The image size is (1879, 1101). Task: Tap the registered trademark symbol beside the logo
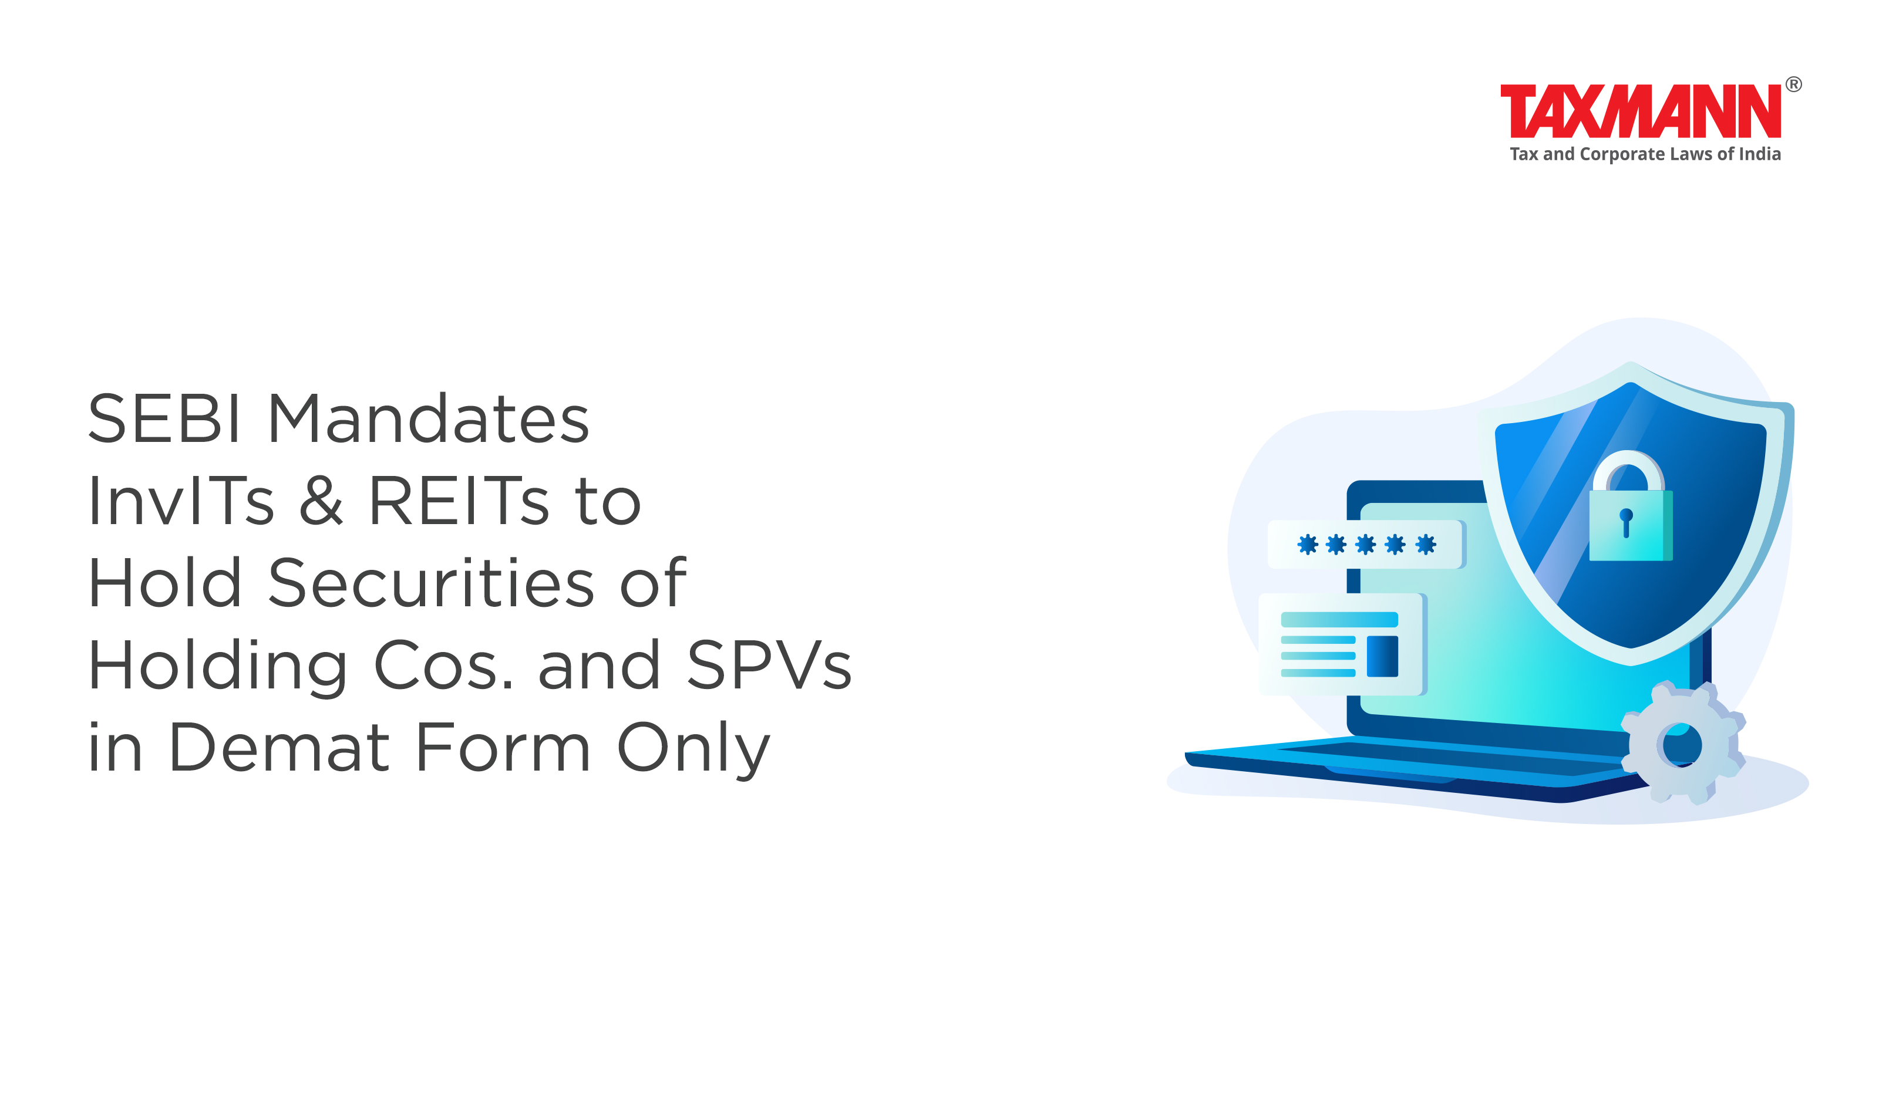(x=1793, y=85)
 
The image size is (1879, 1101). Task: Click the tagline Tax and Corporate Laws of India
(x=1645, y=154)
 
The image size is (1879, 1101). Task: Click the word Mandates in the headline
(x=429, y=418)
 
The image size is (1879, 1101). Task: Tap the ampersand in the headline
(x=321, y=501)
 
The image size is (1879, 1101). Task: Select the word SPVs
(x=769, y=665)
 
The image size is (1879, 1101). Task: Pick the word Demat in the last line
(x=280, y=748)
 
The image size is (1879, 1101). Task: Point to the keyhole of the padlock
(x=1627, y=522)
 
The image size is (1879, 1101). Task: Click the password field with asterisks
(x=1366, y=544)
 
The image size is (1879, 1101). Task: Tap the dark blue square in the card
(x=1382, y=656)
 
